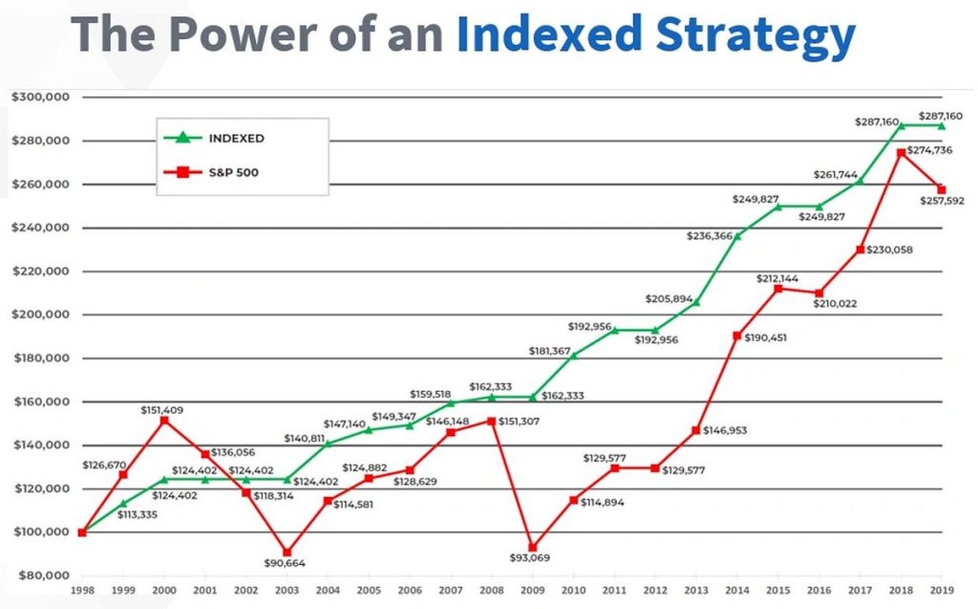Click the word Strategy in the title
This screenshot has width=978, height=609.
755,35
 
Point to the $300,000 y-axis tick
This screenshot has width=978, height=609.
40,98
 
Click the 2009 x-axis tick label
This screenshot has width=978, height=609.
533,591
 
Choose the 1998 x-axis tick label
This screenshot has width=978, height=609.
82,591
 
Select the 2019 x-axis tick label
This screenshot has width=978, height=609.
943,591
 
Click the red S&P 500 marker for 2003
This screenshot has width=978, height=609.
287,553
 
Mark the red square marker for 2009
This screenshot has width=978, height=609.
533,547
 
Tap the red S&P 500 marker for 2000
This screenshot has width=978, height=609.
164,421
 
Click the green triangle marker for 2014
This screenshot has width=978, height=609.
737,235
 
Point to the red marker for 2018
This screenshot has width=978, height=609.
901,153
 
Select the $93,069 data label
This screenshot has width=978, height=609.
533,557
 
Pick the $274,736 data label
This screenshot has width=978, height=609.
937,151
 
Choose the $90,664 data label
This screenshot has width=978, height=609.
287,563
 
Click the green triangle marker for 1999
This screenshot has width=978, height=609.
123,503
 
